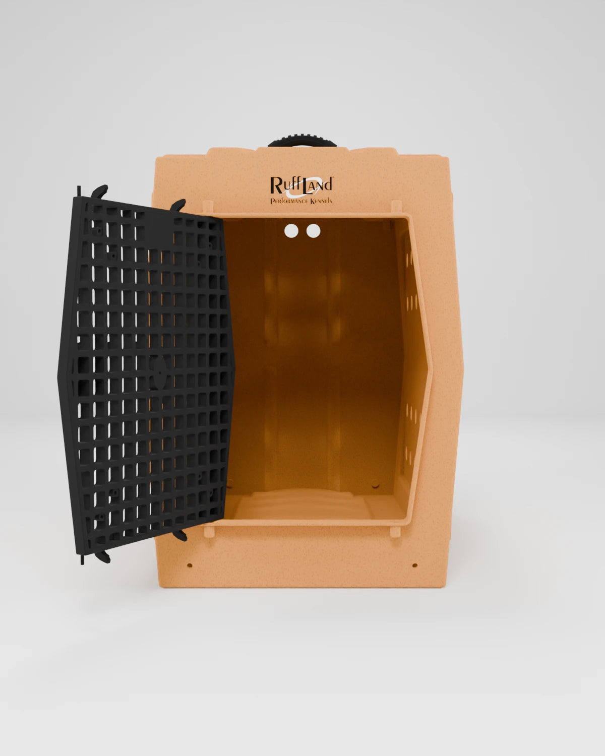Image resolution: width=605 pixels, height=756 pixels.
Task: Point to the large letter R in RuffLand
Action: pyautogui.click(x=276, y=184)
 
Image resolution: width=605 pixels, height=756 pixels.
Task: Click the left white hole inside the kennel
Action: pyautogui.click(x=291, y=231)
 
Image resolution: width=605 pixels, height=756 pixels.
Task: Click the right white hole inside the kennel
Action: pyautogui.click(x=314, y=231)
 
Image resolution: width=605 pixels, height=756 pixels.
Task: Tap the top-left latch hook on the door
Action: pyautogui.click(x=99, y=190)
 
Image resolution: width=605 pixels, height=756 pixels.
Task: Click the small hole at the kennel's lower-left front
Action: pyautogui.click(x=190, y=565)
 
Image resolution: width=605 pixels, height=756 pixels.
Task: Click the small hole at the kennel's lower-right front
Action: pyautogui.click(x=414, y=565)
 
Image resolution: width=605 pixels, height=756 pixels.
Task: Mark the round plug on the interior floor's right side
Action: pyautogui.click(x=375, y=485)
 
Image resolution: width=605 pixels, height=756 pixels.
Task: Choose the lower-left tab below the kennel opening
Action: pyautogui.click(x=209, y=530)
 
